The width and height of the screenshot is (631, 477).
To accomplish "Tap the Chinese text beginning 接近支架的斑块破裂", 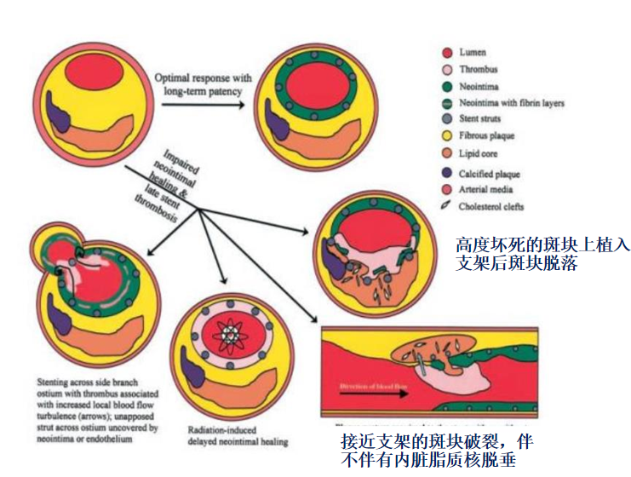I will [x=436, y=449].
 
